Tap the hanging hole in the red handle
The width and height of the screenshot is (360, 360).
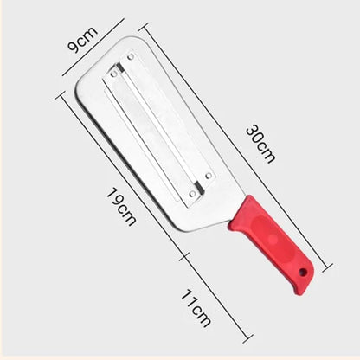304,274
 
